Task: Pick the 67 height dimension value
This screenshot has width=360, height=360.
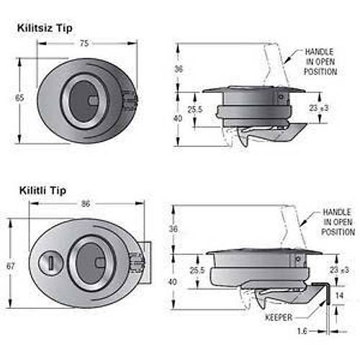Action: point(11,266)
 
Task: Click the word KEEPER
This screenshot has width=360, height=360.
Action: point(279,316)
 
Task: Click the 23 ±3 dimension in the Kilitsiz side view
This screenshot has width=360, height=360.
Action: point(319,107)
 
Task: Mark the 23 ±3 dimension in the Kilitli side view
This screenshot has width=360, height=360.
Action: point(338,269)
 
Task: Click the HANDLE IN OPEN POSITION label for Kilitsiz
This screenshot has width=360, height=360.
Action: point(321,62)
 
